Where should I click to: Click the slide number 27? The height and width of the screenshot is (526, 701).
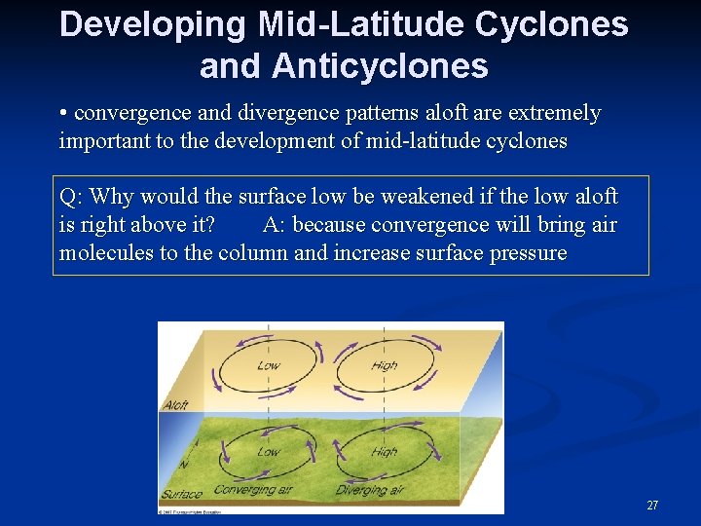[652, 506]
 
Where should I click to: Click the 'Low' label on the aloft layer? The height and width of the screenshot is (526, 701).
[268, 366]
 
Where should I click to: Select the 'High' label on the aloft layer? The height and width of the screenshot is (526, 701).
[385, 366]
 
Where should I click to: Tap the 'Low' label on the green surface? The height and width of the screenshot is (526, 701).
[268, 452]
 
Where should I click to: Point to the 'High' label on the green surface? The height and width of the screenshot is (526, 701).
[385, 452]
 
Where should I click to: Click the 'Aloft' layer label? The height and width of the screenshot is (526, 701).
[176, 404]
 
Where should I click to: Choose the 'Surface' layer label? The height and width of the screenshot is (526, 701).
[182, 495]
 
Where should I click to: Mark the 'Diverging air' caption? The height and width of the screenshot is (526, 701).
[369, 490]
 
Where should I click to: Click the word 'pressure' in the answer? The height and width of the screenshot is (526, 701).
[526, 253]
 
